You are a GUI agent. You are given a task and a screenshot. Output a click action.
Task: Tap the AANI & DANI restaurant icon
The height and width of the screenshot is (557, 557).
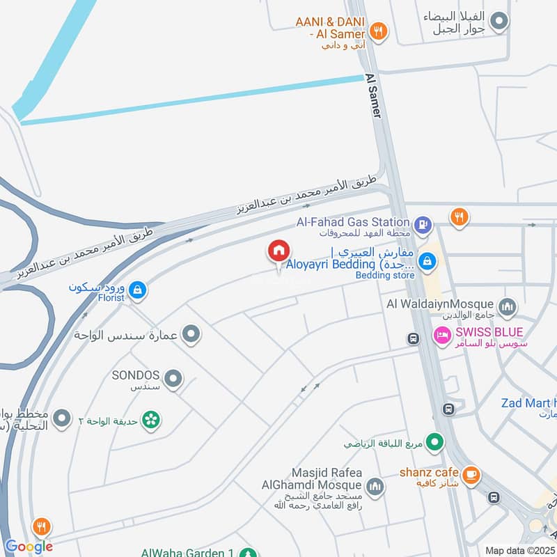[378, 30]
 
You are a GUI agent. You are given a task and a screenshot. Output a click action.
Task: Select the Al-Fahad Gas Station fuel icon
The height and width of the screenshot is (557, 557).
[422, 225]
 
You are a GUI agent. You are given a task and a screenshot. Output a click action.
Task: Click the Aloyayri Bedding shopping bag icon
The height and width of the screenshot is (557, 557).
[428, 262]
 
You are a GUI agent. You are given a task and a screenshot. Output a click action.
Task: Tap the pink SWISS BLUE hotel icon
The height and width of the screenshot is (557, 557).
[442, 336]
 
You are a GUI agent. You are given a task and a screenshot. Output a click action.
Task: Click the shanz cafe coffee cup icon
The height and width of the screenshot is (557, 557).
[471, 474]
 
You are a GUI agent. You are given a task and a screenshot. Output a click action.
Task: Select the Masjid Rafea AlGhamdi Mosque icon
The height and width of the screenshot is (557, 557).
[375, 485]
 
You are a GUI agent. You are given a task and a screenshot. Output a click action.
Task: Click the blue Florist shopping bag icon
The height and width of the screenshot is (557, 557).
[137, 289]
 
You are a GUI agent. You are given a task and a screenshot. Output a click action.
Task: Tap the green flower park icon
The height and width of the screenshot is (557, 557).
[150, 419]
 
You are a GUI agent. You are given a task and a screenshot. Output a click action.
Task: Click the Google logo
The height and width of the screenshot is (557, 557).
[29, 546]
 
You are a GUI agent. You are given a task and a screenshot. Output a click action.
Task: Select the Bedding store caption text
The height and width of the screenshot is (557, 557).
[385, 275]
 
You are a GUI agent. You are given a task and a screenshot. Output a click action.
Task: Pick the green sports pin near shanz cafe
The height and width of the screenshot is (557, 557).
[435, 441]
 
